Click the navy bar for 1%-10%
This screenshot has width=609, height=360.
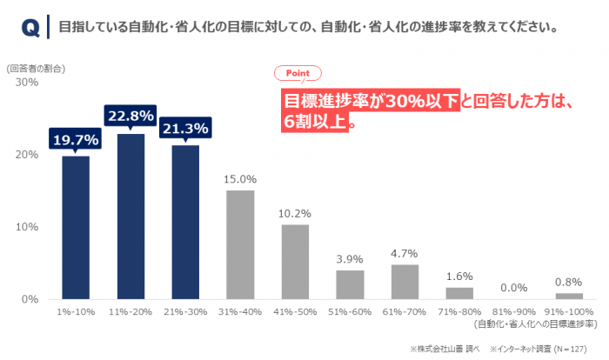[x=76, y=227]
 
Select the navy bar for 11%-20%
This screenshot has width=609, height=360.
[x=130, y=216]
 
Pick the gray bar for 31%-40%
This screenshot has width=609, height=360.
[x=240, y=244]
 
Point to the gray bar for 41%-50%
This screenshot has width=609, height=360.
[x=295, y=262]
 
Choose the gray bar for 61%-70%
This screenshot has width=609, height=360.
[x=405, y=282]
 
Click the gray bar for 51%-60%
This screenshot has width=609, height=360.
[x=350, y=284]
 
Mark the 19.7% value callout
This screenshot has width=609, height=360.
[x=76, y=139]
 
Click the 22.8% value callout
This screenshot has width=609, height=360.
[x=130, y=116]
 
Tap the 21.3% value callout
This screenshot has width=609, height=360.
[x=185, y=129]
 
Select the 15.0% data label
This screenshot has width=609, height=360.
[x=240, y=179]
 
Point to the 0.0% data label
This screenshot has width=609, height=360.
[x=514, y=287]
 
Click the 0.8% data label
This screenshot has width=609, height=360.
[x=569, y=282]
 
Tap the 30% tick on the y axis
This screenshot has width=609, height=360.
[x=27, y=83]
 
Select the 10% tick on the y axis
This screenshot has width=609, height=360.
[x=27, y=227]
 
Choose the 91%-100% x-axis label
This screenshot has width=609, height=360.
[x=569, y=310]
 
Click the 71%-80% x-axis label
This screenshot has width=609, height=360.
[x=459, y=310]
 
